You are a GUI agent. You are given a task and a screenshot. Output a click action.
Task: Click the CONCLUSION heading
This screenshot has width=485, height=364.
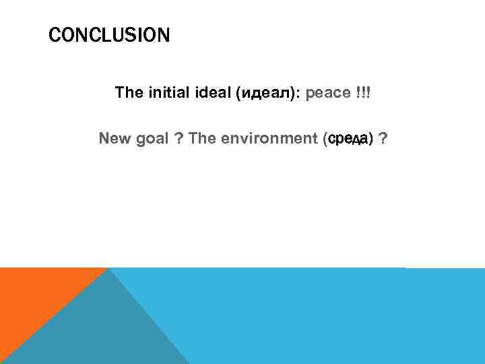point(109,35)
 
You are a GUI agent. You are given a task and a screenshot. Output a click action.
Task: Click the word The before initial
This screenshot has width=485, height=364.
point(127,92)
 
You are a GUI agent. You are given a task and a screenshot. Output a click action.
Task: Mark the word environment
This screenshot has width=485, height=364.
point(267,139)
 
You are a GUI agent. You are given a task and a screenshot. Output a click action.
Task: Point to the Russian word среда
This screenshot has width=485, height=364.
point(347,140)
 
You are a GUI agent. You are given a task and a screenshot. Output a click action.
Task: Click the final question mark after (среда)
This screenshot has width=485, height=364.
point(383,139)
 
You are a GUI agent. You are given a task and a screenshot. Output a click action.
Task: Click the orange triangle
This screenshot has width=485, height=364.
point(34,297)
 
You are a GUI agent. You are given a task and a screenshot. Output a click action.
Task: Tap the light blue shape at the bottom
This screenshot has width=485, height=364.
point(323,317)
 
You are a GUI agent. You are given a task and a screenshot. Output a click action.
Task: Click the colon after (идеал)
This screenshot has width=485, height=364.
point(298,93)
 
